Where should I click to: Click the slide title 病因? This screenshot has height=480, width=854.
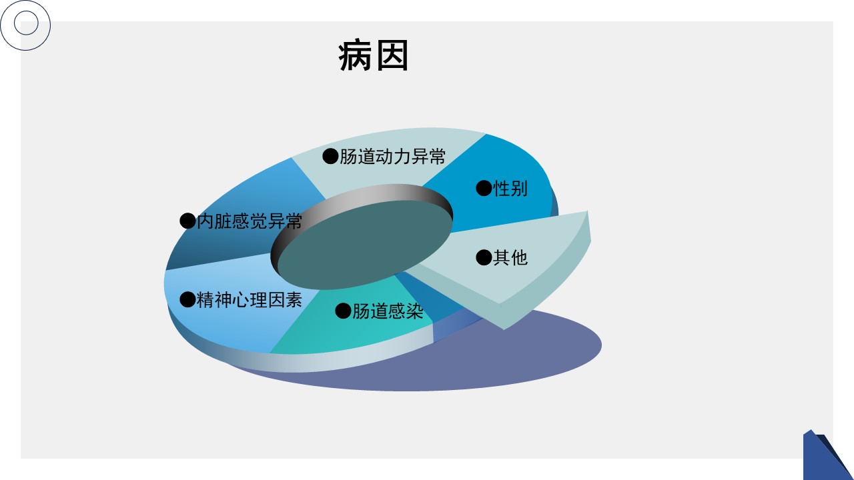coord(373,56)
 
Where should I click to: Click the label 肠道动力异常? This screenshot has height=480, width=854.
coord(392,157)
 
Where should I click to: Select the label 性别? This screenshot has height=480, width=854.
coord(510,189)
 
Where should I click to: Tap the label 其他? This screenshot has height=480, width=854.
coord(510,258)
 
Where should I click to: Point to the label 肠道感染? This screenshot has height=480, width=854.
coord(388,311)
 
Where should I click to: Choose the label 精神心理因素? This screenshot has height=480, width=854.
coord(250,300)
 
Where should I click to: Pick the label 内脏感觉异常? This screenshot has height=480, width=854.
coord(250,221)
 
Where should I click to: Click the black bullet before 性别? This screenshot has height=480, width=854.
coord(484,188)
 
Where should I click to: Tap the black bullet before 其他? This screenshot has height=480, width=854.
coord(484,257)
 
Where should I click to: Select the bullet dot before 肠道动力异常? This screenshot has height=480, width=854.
coord(330,156)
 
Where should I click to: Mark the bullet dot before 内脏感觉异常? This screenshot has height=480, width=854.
coord(187,221)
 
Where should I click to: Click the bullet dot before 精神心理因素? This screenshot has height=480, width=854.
coord(187,299)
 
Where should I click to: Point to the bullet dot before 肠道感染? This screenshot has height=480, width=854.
coord(343,311)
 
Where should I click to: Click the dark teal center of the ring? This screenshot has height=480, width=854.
coord(365,245)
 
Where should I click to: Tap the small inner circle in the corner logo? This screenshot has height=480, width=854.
coord(26,23)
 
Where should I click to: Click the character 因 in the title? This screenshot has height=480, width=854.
coord(392,56)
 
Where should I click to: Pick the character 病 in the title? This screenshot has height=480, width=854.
coord(355,56)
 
